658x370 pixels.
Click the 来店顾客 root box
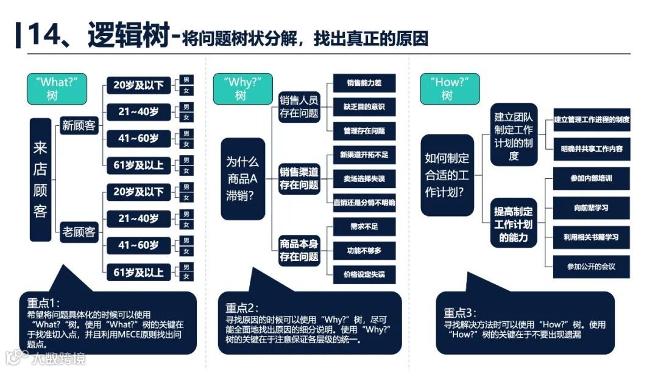[40, 180]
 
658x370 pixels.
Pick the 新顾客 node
[79, 126]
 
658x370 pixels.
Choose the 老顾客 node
[79, 231]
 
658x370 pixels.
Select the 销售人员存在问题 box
[299, 106]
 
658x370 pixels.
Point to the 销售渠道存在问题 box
[299, 178]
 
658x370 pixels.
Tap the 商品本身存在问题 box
[299, 250]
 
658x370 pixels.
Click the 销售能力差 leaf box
[364, 83]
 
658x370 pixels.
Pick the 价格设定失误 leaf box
[364, 274]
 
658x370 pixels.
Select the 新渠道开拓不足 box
[364, 155]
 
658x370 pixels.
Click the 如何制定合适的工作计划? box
[447, 175]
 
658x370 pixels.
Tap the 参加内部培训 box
[591, 179]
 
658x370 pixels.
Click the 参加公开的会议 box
[591, 267]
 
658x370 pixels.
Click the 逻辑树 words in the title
[127, 37]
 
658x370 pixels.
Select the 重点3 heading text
[459, 313]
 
